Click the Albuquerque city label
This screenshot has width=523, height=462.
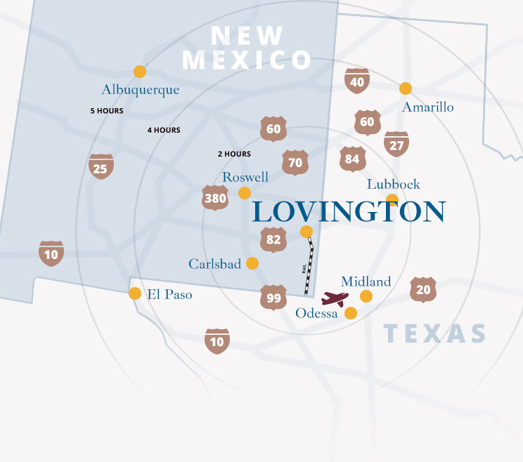point(140,90)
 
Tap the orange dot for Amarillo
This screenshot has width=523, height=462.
point(406,88)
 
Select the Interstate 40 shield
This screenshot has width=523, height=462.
point(357,81)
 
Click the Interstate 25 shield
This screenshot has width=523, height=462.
point(101,167)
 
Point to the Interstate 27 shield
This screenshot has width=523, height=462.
point(396,144)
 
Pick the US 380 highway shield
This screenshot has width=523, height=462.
point(214,198)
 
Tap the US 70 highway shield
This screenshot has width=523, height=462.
point(295,162)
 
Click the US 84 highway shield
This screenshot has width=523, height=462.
point(352,159)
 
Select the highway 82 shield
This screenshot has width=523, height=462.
point(273,239)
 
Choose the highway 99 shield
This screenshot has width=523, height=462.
point(273,298)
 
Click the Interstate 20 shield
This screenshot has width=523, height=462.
point(423,289)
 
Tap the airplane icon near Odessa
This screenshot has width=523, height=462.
point(335,299)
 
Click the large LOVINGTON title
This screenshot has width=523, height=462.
point(349,211)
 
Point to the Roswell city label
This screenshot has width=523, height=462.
point(245,178)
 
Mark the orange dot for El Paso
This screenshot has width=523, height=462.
point(135,293)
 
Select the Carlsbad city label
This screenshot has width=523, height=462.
point(214,264)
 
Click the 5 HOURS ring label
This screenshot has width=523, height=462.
point(107,111)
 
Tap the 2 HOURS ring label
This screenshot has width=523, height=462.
point(234,154)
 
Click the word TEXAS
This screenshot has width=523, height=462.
point(435,334)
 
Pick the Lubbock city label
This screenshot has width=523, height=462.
point(393,184)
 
